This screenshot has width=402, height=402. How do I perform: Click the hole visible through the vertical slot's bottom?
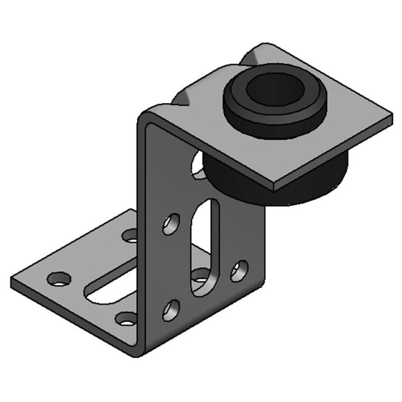click(203, 278)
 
